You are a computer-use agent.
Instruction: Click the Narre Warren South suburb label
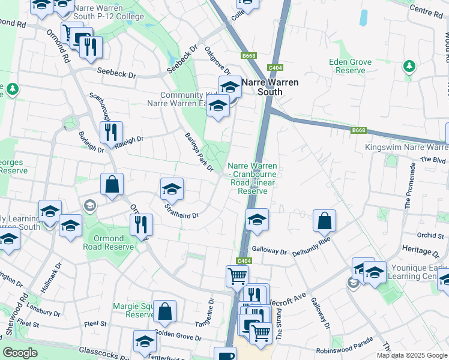(261, 87)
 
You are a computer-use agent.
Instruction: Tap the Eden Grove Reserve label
(351, 66)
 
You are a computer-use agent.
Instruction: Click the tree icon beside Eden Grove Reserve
(409, 65)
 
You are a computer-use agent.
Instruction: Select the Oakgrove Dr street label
(217, 61)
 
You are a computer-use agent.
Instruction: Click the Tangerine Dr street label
(210, 309)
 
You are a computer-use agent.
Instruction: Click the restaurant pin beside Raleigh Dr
(111, 132)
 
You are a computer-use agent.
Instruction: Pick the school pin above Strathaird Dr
(172, 189)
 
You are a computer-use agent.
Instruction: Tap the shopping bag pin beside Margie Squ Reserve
(164, 311)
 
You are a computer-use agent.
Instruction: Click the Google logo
(20, 353)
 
